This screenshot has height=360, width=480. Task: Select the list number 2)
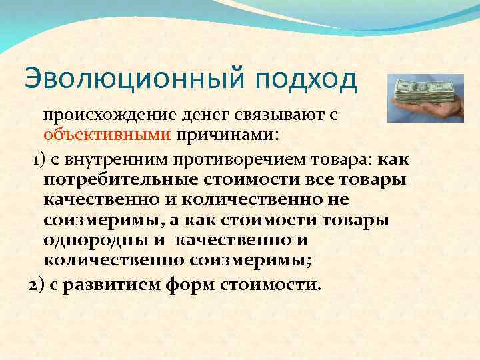click(x=37, y=285)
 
